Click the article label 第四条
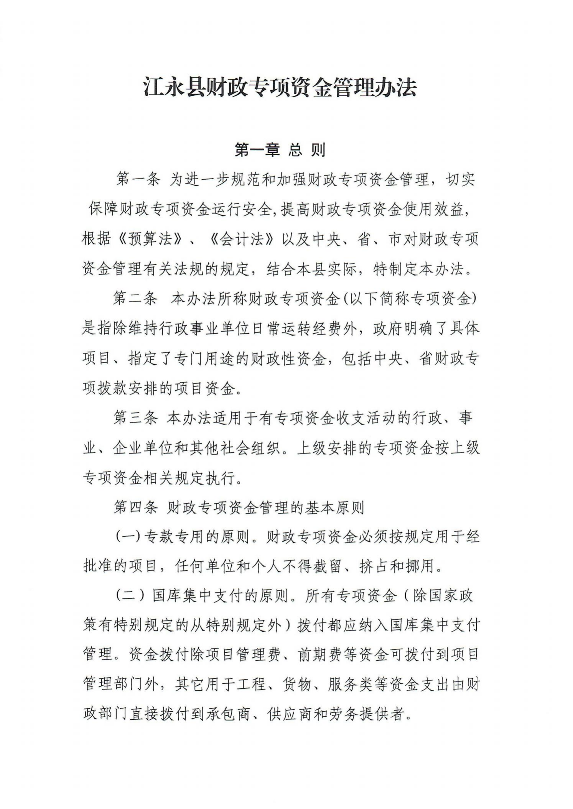pos(135,508)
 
